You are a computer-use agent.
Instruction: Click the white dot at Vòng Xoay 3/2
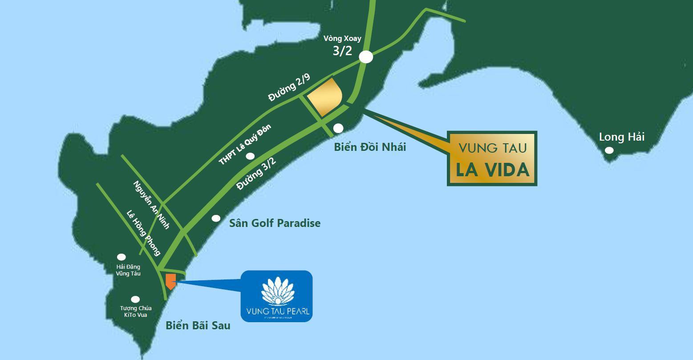(366, 57)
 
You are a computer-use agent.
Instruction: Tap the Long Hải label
(621, 137)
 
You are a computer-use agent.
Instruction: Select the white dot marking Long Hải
(609, 150)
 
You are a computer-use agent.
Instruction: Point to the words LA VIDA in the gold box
(492, 170)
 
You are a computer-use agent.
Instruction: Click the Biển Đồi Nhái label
(370, 147)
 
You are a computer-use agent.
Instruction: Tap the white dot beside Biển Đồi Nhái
(338, 128)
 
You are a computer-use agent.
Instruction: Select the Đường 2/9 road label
(289, 88)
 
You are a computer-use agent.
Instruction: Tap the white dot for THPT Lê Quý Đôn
(251, 156)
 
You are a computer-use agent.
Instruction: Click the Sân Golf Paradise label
(275, 223)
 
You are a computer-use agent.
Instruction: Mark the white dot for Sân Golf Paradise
(216, 218)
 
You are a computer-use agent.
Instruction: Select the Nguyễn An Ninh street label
(151, 205)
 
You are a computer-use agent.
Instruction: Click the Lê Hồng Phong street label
(143, 233)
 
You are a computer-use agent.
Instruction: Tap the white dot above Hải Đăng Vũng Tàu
(121, 257)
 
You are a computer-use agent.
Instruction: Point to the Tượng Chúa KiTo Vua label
(136, 311)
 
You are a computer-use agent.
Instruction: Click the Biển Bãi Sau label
(198, 325)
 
